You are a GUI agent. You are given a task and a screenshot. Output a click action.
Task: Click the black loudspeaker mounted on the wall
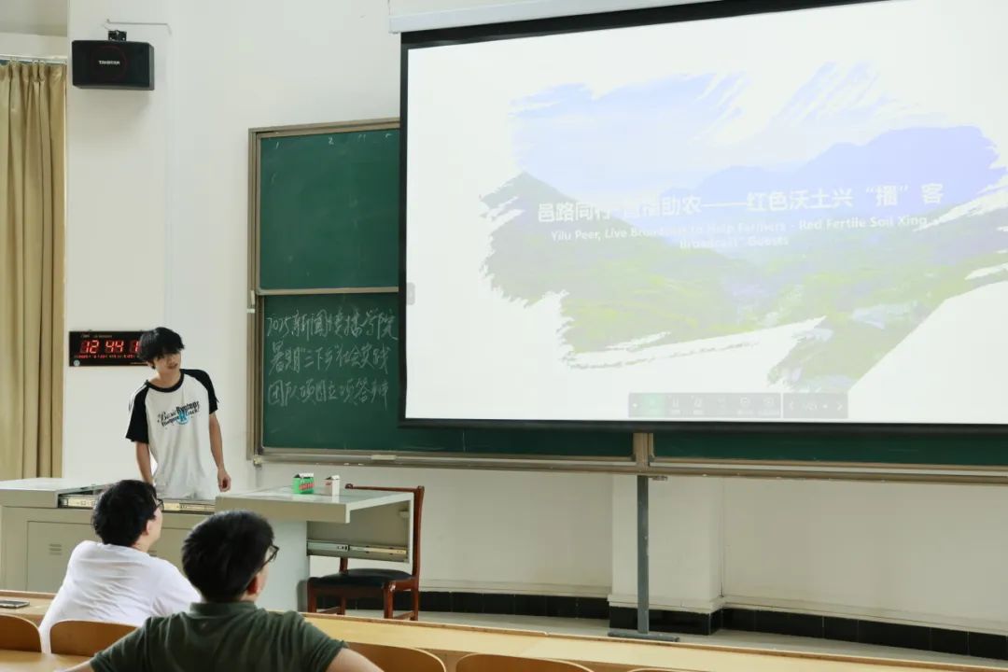(x=112, y=63)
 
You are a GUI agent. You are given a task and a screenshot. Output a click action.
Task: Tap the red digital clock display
(x=105, y=347)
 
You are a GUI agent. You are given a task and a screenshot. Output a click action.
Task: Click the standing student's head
(x=161, y=347)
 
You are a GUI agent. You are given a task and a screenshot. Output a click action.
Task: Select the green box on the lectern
(x=303, y=483)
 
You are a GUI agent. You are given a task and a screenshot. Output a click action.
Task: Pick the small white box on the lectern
(x=332, y=485)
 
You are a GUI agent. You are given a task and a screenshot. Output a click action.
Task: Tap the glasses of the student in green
(x=269, y=555)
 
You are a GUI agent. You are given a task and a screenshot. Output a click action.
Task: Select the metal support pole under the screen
(x=642, y=541)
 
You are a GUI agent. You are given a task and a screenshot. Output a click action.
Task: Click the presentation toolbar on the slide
(x=737, y=405)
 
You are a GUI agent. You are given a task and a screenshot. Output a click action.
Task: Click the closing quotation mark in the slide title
(x=903, y=196)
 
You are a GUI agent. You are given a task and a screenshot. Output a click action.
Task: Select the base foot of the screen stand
(x=644, y=635)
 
